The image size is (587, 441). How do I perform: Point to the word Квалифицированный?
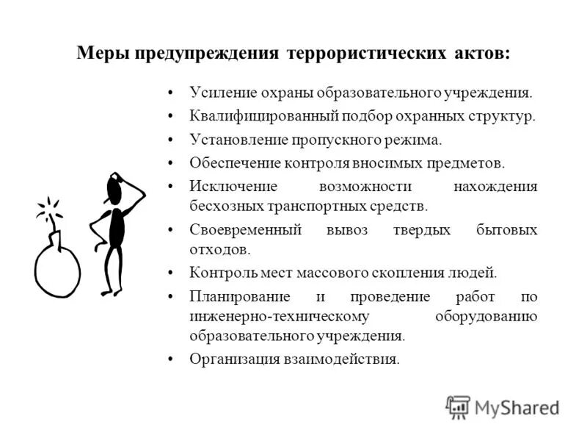[254, 116]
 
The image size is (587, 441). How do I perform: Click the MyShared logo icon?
[458, 406]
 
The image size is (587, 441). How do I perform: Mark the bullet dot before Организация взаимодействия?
[171, 359]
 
